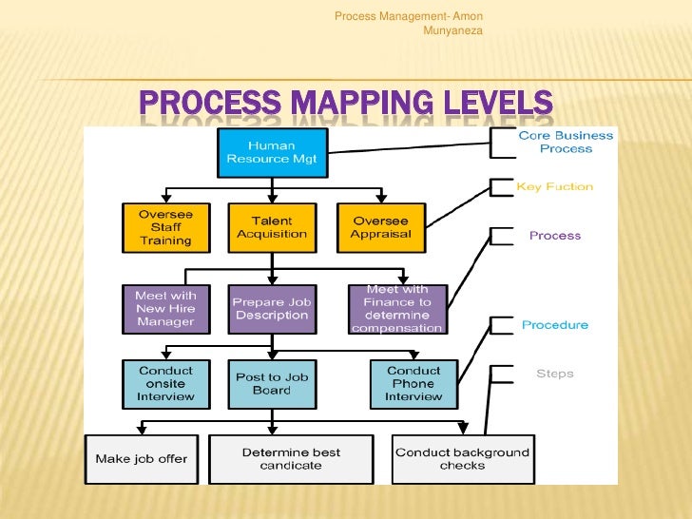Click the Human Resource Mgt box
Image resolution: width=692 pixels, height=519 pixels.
pyautogui.click(x=272, y=153)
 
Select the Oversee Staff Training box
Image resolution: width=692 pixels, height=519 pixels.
pyautogui.click(x=165, y=227)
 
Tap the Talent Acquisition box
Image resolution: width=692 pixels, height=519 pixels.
pyautogui.click(x=272, y=227)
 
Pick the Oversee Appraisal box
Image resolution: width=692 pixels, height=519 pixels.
pyautogui.click(x=380, y=227)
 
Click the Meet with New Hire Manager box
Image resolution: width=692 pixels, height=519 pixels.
pyautogui.click(x=165, y=309)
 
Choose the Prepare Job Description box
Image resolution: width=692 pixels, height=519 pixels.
pyautogui.click(x=272, y=309)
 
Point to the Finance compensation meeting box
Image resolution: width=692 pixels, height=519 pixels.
pyautogui.click(x=397, y=309)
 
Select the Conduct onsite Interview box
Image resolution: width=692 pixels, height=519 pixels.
pyautogui.click(x=165, y=383)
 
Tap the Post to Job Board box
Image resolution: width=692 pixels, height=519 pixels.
pyautogui.click(x=272, y=383)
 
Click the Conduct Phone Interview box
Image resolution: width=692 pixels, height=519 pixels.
pyautogui.click(x=413, y=383)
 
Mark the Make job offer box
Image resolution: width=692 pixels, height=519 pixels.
pyautogui.click(x=142, y=459)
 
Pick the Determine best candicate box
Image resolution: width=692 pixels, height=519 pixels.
pyautogui.click(x=291, y=459)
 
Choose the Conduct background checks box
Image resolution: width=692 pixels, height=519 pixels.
pyautogui.click(x=463, y=459)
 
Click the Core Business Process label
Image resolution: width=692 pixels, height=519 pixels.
pyautogui.click(x=566, y=143)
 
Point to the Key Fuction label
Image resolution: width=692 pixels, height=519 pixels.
pyautogui.click(x=554, y=187)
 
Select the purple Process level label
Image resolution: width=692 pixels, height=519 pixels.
pyautogui.click(x=555, y=236)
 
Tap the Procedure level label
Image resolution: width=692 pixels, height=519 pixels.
pyautogui.click(x=555, y=325)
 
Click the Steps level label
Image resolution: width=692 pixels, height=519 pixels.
pyautogui.click(x=555, y=374)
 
